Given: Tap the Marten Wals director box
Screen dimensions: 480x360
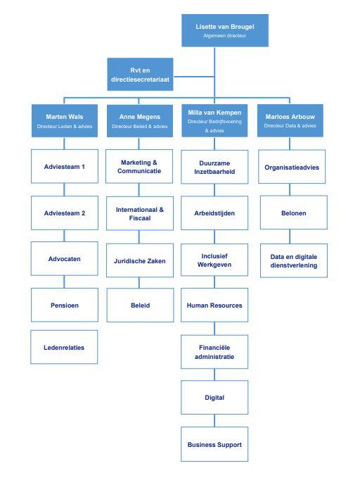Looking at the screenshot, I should (64, 120).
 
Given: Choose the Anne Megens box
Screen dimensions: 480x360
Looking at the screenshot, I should (140, 120).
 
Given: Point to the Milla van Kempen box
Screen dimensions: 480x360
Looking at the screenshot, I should (214, 120).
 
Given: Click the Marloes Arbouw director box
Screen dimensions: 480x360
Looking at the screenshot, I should (290, 120).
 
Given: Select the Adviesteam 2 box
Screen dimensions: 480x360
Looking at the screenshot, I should (64, 213).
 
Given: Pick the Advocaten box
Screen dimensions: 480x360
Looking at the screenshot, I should (64, 259).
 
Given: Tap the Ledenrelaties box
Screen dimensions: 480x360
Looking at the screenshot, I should (64, 347).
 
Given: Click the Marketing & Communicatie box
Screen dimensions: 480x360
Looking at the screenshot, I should (140, 167).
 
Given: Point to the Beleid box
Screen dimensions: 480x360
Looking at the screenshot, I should (140, 305).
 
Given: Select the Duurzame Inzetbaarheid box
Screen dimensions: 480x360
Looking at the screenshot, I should (214, 167).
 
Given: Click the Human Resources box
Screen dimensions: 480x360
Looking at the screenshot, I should (214, 305).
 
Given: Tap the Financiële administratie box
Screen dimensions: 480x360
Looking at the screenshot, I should (214, 351).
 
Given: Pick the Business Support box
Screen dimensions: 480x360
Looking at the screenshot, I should (214, 444).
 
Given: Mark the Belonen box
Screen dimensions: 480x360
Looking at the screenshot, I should (294, 213).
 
